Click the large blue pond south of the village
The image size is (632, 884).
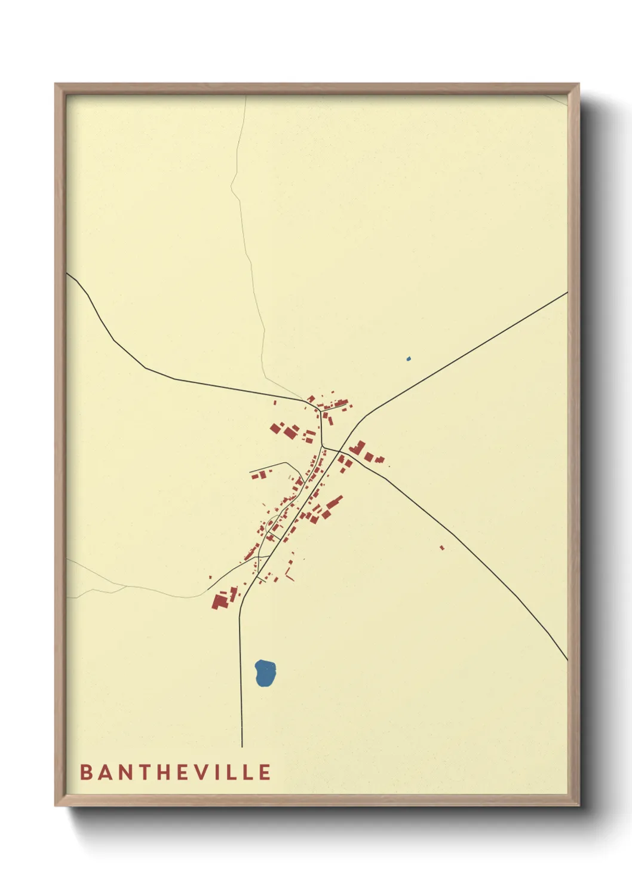pos(265,673)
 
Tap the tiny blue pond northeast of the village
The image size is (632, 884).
pos(409,359)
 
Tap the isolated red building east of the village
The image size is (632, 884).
pos(442,547)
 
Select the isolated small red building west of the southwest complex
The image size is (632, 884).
pos(210,577)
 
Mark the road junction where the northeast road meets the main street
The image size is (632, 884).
pos(340,450)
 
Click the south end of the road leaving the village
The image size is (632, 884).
pos(241,744)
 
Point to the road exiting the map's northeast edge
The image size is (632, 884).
pos(562,296)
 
